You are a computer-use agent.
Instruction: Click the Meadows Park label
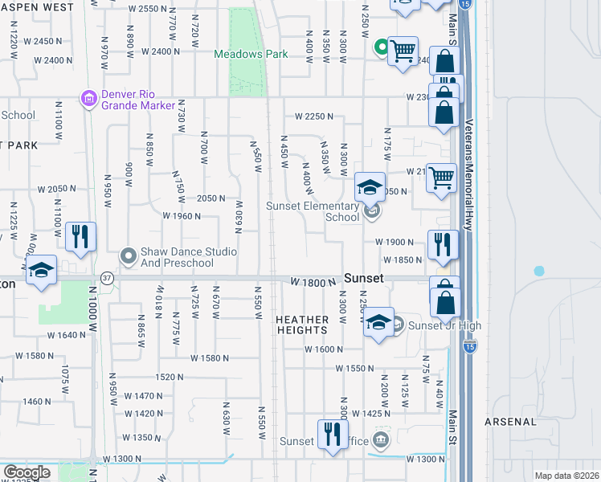click(251, 55)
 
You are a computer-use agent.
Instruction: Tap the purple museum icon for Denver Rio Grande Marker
click(88, 98)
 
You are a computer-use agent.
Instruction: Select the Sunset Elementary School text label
click(313, 211)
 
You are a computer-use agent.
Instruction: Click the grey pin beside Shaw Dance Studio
click(128, 256)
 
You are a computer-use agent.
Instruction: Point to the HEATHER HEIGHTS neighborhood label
click(302, 325)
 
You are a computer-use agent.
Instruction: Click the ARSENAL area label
click(511, 422)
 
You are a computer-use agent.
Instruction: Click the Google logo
click(27, 472)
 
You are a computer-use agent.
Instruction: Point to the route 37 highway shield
click(106, 278)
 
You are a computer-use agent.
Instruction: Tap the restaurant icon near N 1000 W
click(80, 236)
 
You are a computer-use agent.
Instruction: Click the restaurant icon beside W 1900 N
click(443, 244)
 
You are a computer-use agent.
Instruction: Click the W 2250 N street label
click(313, 116)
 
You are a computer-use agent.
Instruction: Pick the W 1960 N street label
click(181, 216)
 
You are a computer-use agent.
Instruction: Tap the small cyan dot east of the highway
click(538, 271)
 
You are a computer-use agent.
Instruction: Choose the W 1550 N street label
click(354, 367)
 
